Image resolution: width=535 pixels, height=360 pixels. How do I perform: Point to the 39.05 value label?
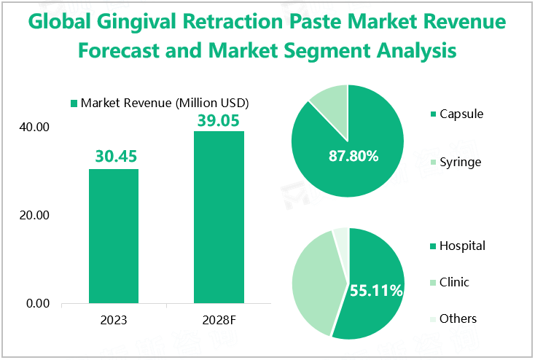click(x=219, y=120)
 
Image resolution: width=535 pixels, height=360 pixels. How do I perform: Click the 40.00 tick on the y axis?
click(x=34, y=128)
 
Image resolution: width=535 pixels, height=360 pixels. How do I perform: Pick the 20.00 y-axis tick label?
click(x=34, y=216)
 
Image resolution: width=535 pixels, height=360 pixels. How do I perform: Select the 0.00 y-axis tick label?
click(x=37, y=303)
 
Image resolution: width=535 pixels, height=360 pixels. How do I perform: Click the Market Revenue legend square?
click(x=73, y=103)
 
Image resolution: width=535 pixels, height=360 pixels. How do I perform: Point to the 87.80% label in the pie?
click(x=352, y=155)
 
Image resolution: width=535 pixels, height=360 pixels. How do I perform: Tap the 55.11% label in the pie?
click(x=376, y=291)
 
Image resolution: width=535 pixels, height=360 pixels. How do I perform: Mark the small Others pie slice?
click(x=340, y=236)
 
